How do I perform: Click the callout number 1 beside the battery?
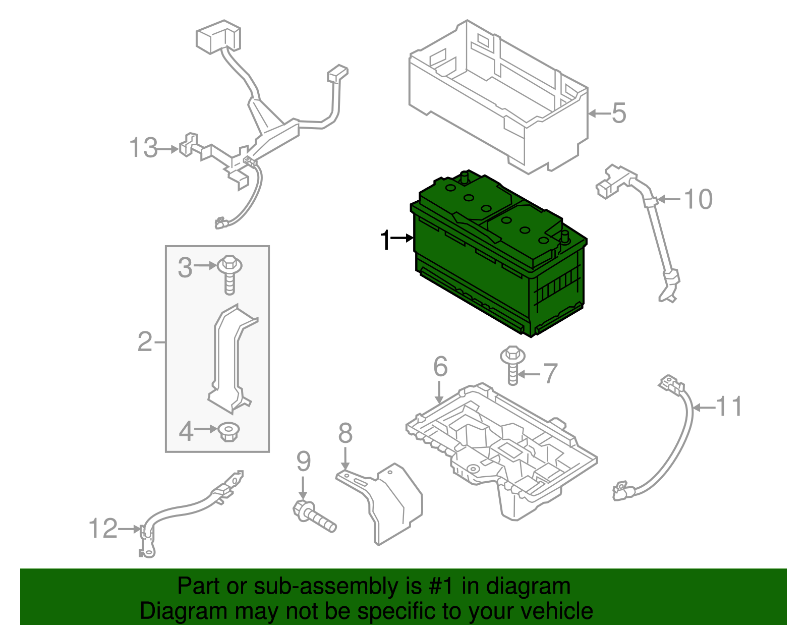(x=385, y=240)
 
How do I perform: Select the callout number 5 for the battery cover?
(x=618, y=113)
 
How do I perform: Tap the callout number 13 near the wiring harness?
(x=144, y=148)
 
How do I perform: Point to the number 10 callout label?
(x=698, y=199)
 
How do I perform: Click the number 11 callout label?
(x=729, y=407)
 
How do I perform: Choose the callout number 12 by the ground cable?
(x=103, y=529)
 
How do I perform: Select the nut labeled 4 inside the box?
(x=229, y=432)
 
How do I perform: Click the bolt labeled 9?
(x=314, y=517)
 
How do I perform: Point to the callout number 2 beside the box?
(x=145, y=342)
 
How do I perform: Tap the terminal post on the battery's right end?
(x=565, y=237)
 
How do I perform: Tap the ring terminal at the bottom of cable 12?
(x=148, y=552)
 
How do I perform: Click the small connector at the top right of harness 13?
(x=337, y=74)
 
